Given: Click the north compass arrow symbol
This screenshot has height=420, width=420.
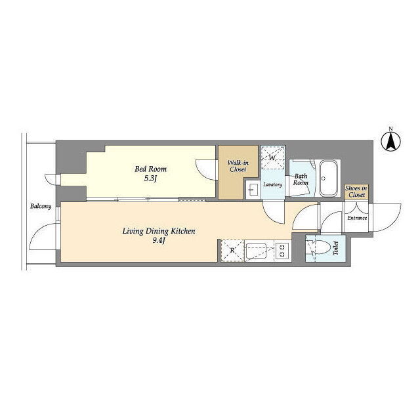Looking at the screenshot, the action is [x=391, y=140].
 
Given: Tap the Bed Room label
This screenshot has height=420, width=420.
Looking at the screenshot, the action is [x=150, y=169].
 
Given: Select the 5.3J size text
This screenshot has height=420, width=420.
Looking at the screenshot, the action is [x=150, y=178].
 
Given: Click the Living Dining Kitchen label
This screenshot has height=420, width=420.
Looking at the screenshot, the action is [x=159, y=231].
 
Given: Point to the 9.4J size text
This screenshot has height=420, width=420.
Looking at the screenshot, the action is [x=159, y=240].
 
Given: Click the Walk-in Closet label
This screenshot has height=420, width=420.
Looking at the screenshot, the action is [x=238, y=166].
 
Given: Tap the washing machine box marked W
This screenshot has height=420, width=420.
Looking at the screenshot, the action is [x=273, y=157].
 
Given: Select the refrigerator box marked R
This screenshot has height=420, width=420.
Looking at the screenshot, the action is [x=232, y=251].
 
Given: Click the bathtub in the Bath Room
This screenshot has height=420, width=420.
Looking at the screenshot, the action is [x=328, y=178].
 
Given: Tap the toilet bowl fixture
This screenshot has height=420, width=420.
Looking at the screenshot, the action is [x=320, y=247].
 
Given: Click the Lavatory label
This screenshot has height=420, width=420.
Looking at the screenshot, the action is [x=272, y=184].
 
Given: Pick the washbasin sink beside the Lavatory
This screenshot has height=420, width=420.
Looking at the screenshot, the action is [x=253, y=190].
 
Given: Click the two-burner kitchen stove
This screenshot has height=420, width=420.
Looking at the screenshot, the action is [x=282, y=251].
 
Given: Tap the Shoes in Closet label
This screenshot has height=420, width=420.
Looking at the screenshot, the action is [x=356, y=192].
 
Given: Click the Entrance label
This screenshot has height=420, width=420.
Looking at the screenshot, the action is [x=357, y=218].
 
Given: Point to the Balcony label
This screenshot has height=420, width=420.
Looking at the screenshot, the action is [x=41, y=207].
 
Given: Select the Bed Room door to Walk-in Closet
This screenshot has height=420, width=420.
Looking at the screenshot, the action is [x=205, y=170].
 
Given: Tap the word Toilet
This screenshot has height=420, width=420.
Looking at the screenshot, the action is [x=335, y=248].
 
